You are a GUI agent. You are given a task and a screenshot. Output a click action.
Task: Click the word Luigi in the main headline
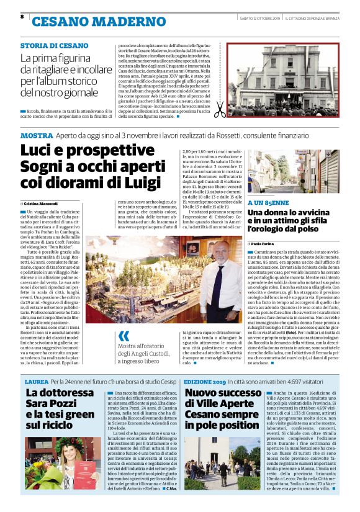pyautogui.click(x=143, y=183)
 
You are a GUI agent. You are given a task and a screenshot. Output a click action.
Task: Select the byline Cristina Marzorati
pyautogui.click(x=42, y=204)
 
